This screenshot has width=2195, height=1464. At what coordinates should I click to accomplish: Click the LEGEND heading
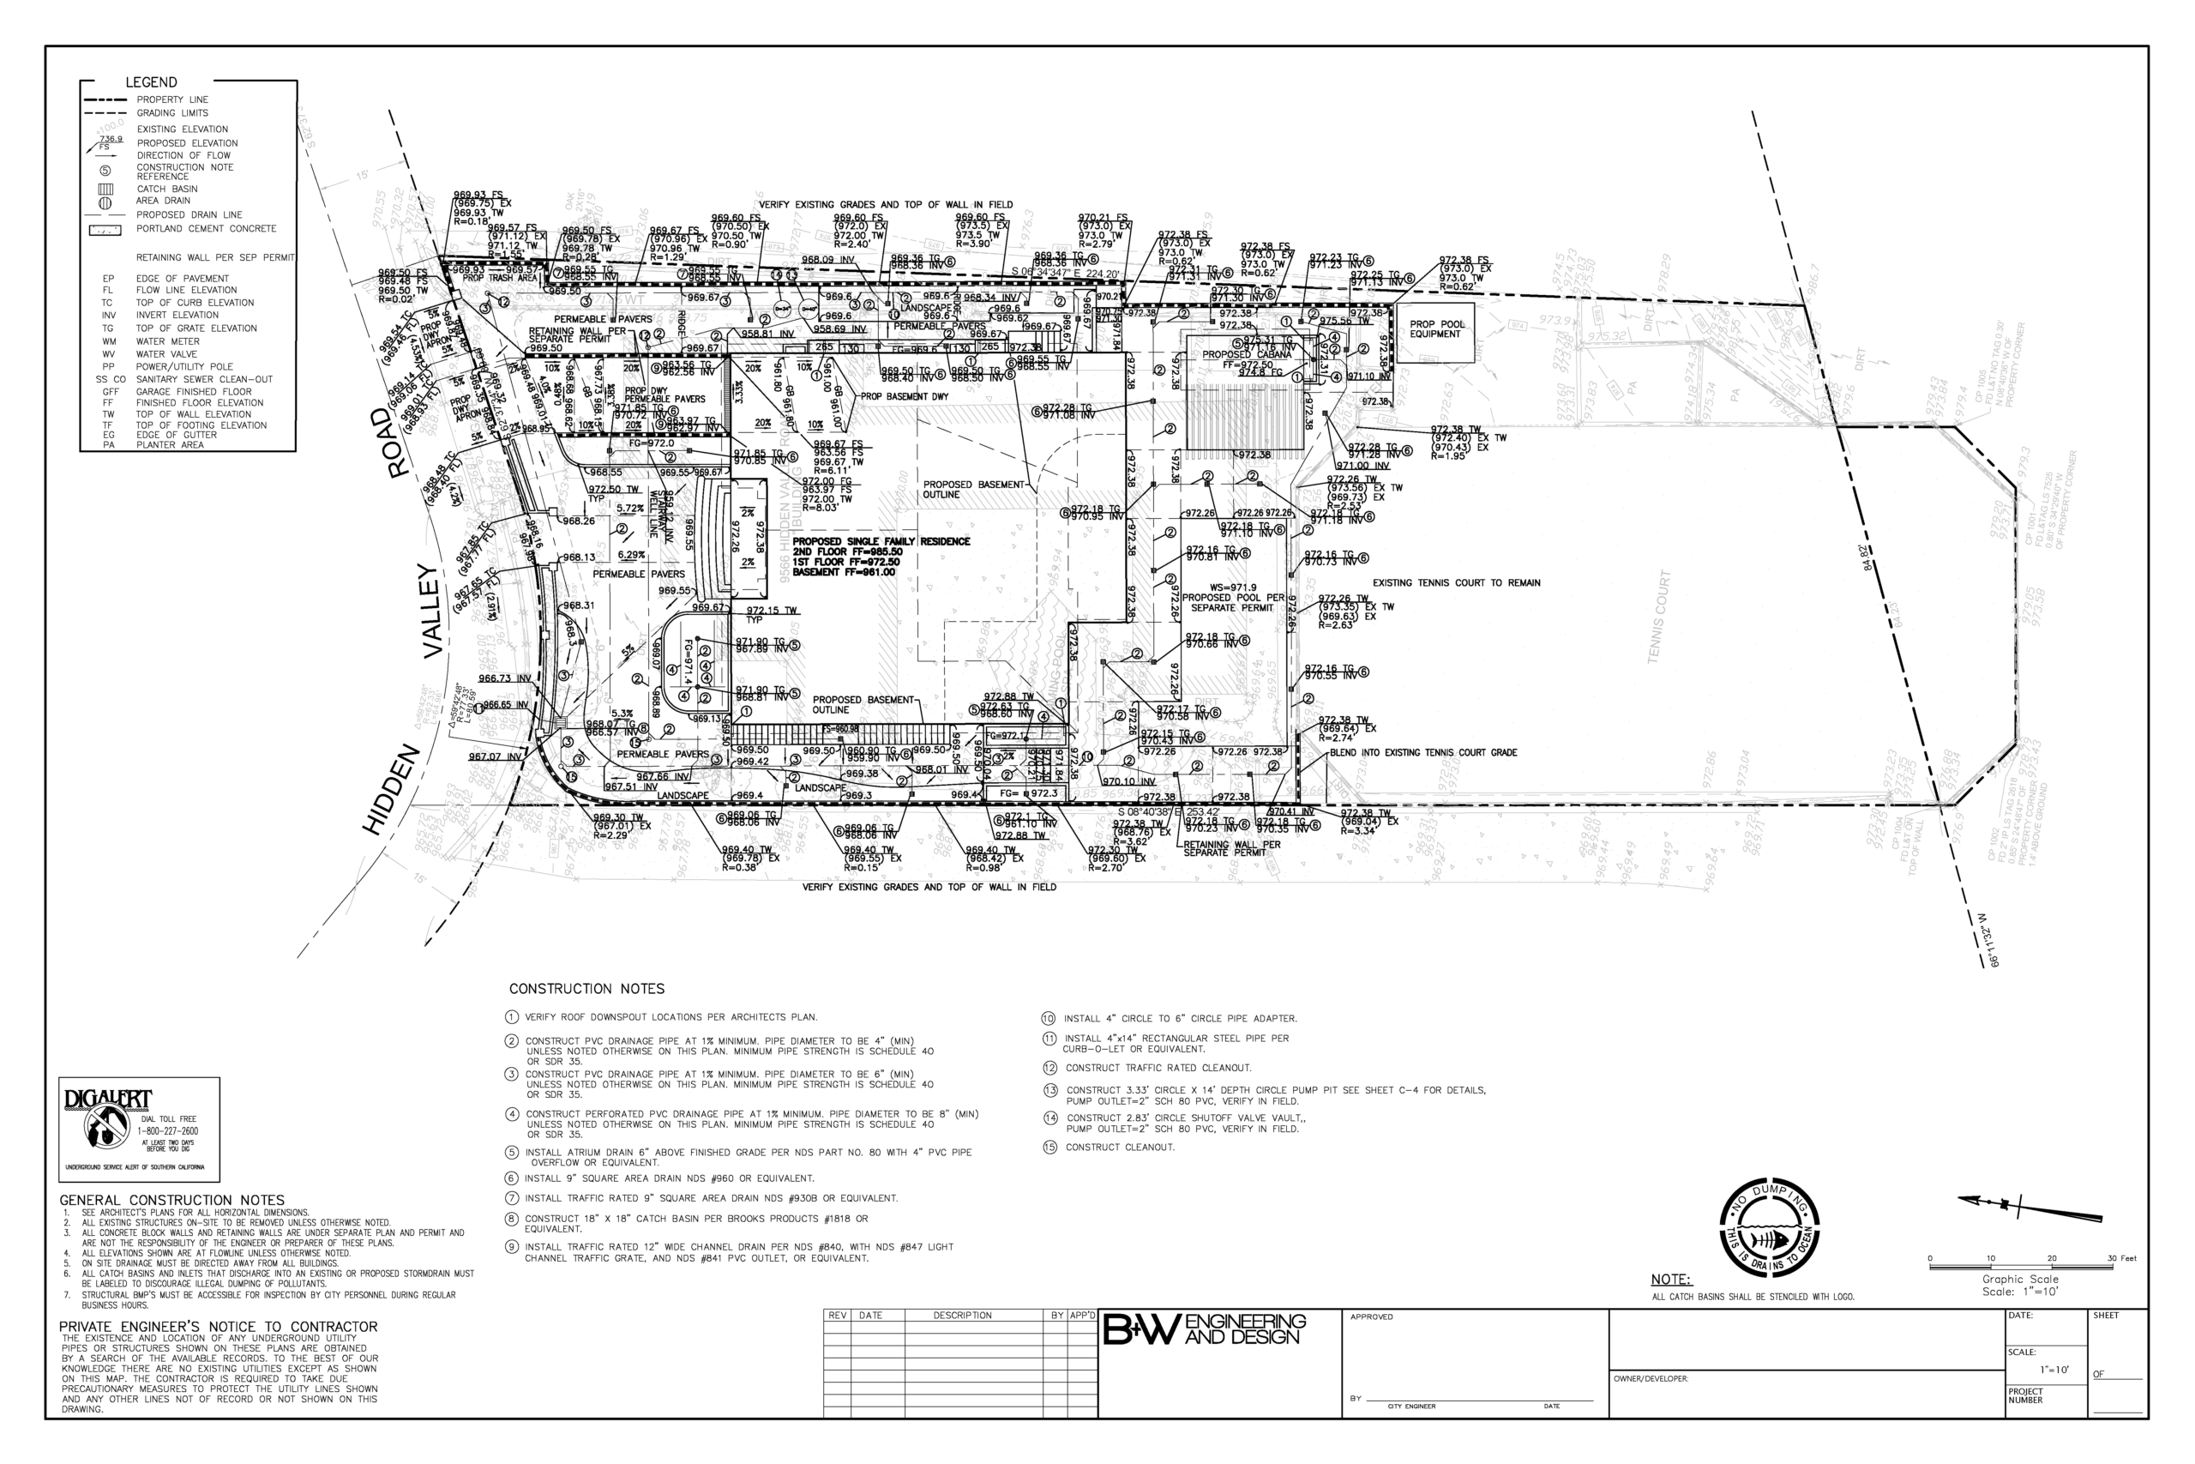click(x=150, y=82)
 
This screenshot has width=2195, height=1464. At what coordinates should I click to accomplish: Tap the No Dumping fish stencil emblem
click(x=1770, y=1232)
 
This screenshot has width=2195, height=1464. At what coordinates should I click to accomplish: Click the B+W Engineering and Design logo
click(x=1205, y=1329)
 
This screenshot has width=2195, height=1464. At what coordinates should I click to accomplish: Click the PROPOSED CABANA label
click(x=1246, y=355)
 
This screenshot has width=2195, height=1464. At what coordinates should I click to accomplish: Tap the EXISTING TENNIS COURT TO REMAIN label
click(x=1456, y=582)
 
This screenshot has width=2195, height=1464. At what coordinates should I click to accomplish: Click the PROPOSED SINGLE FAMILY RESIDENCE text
click(x=880, y=541)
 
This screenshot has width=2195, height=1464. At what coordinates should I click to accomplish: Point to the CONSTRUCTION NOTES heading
click(x=586, y=989)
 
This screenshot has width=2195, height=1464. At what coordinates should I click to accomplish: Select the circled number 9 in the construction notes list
click(x=511, y=1247)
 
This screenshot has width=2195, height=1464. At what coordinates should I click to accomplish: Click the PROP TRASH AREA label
click(x=500, y=278)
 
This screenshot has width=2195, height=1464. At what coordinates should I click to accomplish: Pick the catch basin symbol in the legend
click(x=105, y=189)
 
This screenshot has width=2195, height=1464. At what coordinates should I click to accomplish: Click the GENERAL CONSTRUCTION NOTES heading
click(x=171, y=1201)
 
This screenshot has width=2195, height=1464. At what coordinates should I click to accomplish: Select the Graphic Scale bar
click(x=2030, y=1267)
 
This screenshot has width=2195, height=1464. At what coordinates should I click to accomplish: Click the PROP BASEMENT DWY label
click(x=905, y=397)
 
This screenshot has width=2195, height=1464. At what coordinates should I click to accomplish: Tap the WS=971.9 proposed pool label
click(x=1232, y=587)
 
